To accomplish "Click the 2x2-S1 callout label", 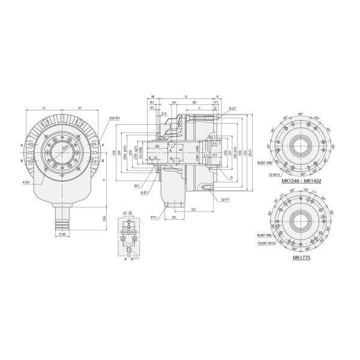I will point(115,119).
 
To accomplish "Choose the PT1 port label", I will point(154,217).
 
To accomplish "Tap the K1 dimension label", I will point(174,217).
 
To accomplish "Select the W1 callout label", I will point(137,185).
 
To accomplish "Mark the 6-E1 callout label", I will point(145,193).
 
